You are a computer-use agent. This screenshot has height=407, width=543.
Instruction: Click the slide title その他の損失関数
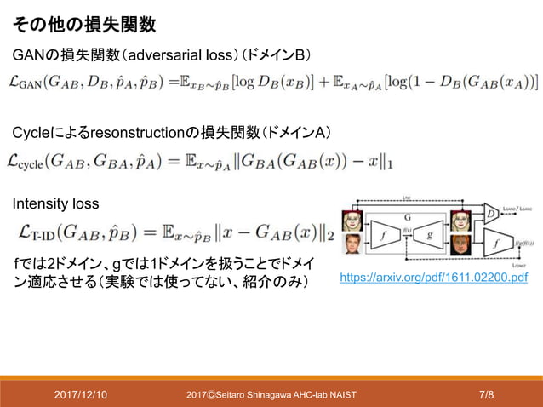[86, 24]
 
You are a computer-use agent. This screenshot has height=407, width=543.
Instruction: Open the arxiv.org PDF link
[433, 278]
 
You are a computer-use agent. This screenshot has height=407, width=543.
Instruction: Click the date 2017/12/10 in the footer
[81, 394]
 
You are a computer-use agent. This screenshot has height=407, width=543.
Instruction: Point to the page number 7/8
[487, 394]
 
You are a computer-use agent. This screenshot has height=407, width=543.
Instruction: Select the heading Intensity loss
[55, 204]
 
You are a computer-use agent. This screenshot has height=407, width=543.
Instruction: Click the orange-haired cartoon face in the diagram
[460, 247]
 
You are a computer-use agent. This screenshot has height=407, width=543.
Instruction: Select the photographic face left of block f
[351, 247]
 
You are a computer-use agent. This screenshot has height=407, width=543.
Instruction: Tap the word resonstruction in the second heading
[136, 133]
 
